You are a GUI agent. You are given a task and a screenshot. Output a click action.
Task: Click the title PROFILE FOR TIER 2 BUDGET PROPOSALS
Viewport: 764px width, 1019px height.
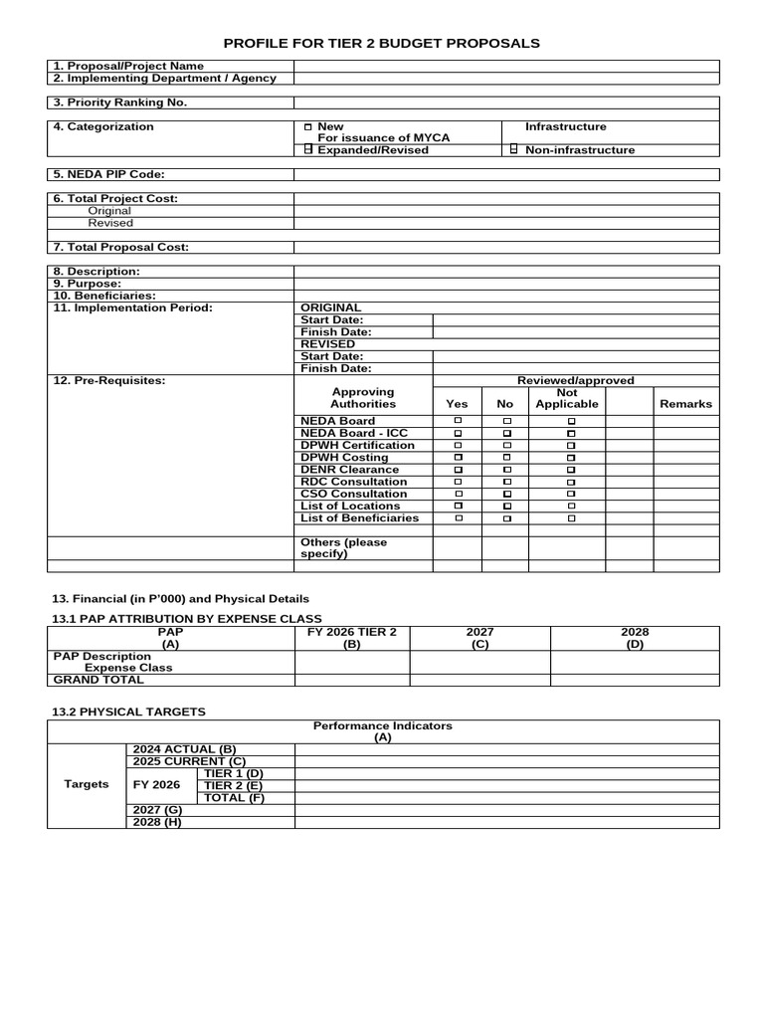click(382, 43)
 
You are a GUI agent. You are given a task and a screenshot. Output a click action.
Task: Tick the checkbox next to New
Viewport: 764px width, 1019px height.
click(307, 127)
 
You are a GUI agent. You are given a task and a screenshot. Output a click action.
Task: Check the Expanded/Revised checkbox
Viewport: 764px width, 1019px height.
click(308, 150)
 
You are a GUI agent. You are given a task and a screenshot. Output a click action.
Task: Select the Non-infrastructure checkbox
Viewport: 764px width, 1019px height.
click(514, 150)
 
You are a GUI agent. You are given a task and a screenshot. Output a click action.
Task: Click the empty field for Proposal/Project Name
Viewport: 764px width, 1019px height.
click(505, 66)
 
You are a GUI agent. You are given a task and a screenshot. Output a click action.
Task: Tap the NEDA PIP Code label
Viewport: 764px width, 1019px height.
click(109, 174)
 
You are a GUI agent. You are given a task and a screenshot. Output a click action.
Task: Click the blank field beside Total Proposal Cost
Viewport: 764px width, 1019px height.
click(505, 247)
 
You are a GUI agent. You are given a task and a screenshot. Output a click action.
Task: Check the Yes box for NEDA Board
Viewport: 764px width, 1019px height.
click(458, 422)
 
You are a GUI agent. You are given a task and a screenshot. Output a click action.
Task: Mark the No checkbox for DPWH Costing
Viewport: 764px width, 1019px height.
click(506, 458)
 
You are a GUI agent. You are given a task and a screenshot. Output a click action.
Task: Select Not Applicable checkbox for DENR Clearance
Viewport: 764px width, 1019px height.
click(571, 470)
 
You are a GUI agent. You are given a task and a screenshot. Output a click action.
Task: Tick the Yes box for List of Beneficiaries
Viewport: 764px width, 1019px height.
click(458, 518)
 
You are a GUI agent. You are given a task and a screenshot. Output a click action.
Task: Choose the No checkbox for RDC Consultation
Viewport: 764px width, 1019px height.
click(506, 482)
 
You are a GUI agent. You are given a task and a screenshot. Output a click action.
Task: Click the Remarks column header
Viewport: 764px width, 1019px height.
click(685, 404)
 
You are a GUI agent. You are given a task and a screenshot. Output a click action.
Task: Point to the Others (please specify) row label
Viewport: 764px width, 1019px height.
click(344, 548)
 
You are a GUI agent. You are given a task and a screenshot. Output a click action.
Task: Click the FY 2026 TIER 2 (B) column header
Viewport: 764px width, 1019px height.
click(352, 638)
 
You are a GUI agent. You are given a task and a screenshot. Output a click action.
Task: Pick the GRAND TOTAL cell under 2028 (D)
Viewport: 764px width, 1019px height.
click(635, 680)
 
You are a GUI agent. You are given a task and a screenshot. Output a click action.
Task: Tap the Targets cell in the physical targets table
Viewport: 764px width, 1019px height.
click(87, 784)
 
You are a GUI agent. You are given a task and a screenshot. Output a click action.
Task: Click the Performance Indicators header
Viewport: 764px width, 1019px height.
click(383, 731)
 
